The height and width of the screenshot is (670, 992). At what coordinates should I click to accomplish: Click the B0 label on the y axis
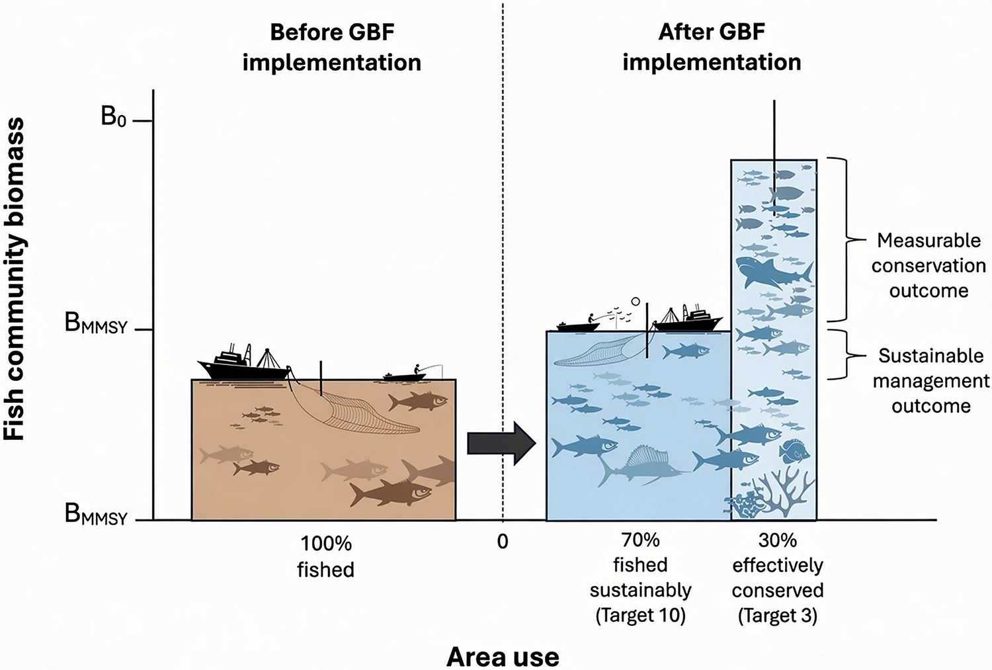click(113, 117)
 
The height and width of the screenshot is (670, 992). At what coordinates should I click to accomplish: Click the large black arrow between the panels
click(502, 443)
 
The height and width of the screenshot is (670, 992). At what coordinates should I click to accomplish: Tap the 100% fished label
click(326, 556)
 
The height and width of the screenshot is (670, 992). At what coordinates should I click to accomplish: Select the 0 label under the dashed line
click(502, 542)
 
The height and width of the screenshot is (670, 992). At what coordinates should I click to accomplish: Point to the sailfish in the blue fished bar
click(638, 465)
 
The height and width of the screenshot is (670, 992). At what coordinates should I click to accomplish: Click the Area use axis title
click(502, 657)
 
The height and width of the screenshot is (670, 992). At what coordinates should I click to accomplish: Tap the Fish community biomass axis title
click(15, 279)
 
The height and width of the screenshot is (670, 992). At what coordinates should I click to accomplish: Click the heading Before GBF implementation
click(332, 48)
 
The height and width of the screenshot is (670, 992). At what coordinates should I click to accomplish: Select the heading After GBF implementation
click(712, 48)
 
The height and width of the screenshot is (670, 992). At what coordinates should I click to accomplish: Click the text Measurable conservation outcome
click(929, 266)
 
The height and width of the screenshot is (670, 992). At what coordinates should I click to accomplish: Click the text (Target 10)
click(640, 616)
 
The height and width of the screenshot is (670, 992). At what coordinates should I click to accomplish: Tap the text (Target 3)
click(778, 616)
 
